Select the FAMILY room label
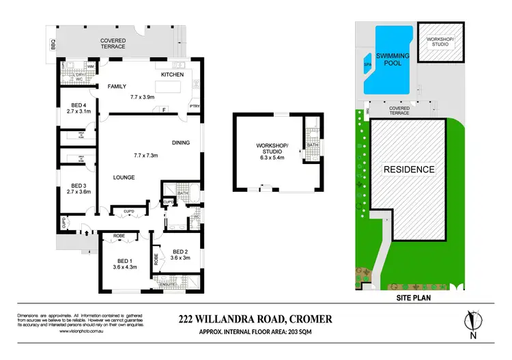click(119, 87)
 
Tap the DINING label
click(181, 143)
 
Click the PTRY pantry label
click(195, 107)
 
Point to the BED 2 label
click(181, 251)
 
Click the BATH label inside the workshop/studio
click(312, 145)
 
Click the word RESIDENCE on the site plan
click(408, 169)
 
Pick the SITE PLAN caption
click(408, 298)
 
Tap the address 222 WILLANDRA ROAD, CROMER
click(255, 318)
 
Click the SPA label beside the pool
click(369, 66)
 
